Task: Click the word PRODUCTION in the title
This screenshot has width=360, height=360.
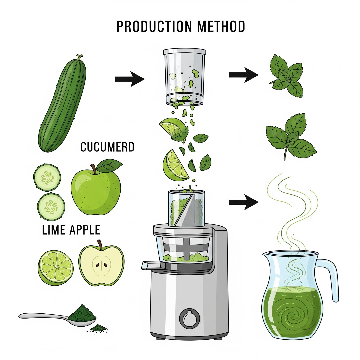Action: [x=154, y=26]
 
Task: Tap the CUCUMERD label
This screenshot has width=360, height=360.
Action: [x=107, y=147]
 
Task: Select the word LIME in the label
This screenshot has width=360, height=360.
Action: [x=53, y=230]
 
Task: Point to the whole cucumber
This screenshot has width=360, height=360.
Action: [x=62, y=104]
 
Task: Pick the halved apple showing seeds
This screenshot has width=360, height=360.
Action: [x=101, y=264]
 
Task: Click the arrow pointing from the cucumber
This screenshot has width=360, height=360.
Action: [x=130, y=79]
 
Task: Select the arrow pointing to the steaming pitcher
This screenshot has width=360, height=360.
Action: [x=244, y=202]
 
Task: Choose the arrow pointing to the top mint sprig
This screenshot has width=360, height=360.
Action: [x=244, y=75]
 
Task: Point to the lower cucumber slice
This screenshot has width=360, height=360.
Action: [x=51, y=206]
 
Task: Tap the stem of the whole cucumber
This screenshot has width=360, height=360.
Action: [x=79, y=57]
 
